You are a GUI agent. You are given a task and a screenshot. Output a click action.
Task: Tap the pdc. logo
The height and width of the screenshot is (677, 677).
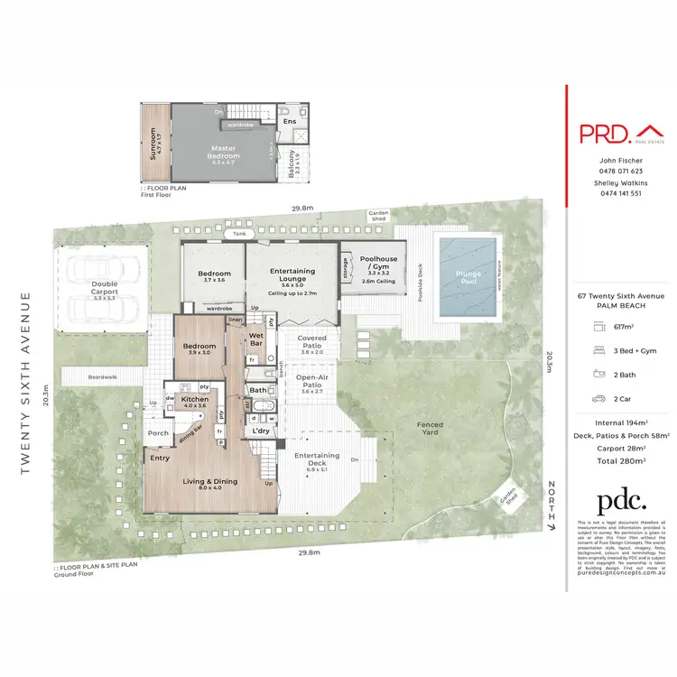(x=620, y=502)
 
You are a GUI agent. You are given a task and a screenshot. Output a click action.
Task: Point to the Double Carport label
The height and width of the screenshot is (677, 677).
(x=105, y=288)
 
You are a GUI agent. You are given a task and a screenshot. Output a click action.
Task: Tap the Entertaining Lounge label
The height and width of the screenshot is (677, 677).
(x=292, y=274)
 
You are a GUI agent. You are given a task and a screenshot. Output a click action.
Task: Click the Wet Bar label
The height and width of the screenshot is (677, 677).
(x=255, y=338)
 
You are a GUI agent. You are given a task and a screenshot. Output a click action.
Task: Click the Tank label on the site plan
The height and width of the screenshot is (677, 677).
(x=239, y=234)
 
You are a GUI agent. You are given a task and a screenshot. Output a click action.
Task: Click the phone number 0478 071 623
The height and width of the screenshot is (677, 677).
(x=620, y=171)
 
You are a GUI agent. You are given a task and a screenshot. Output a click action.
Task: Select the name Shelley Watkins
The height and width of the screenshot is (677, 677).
(x=620, y=182)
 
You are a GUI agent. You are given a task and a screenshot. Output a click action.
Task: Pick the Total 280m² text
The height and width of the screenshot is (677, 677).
(x=620, y=460)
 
